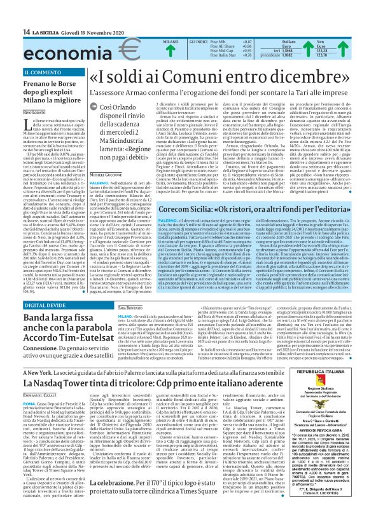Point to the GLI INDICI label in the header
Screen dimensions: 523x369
click(198, 41)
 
